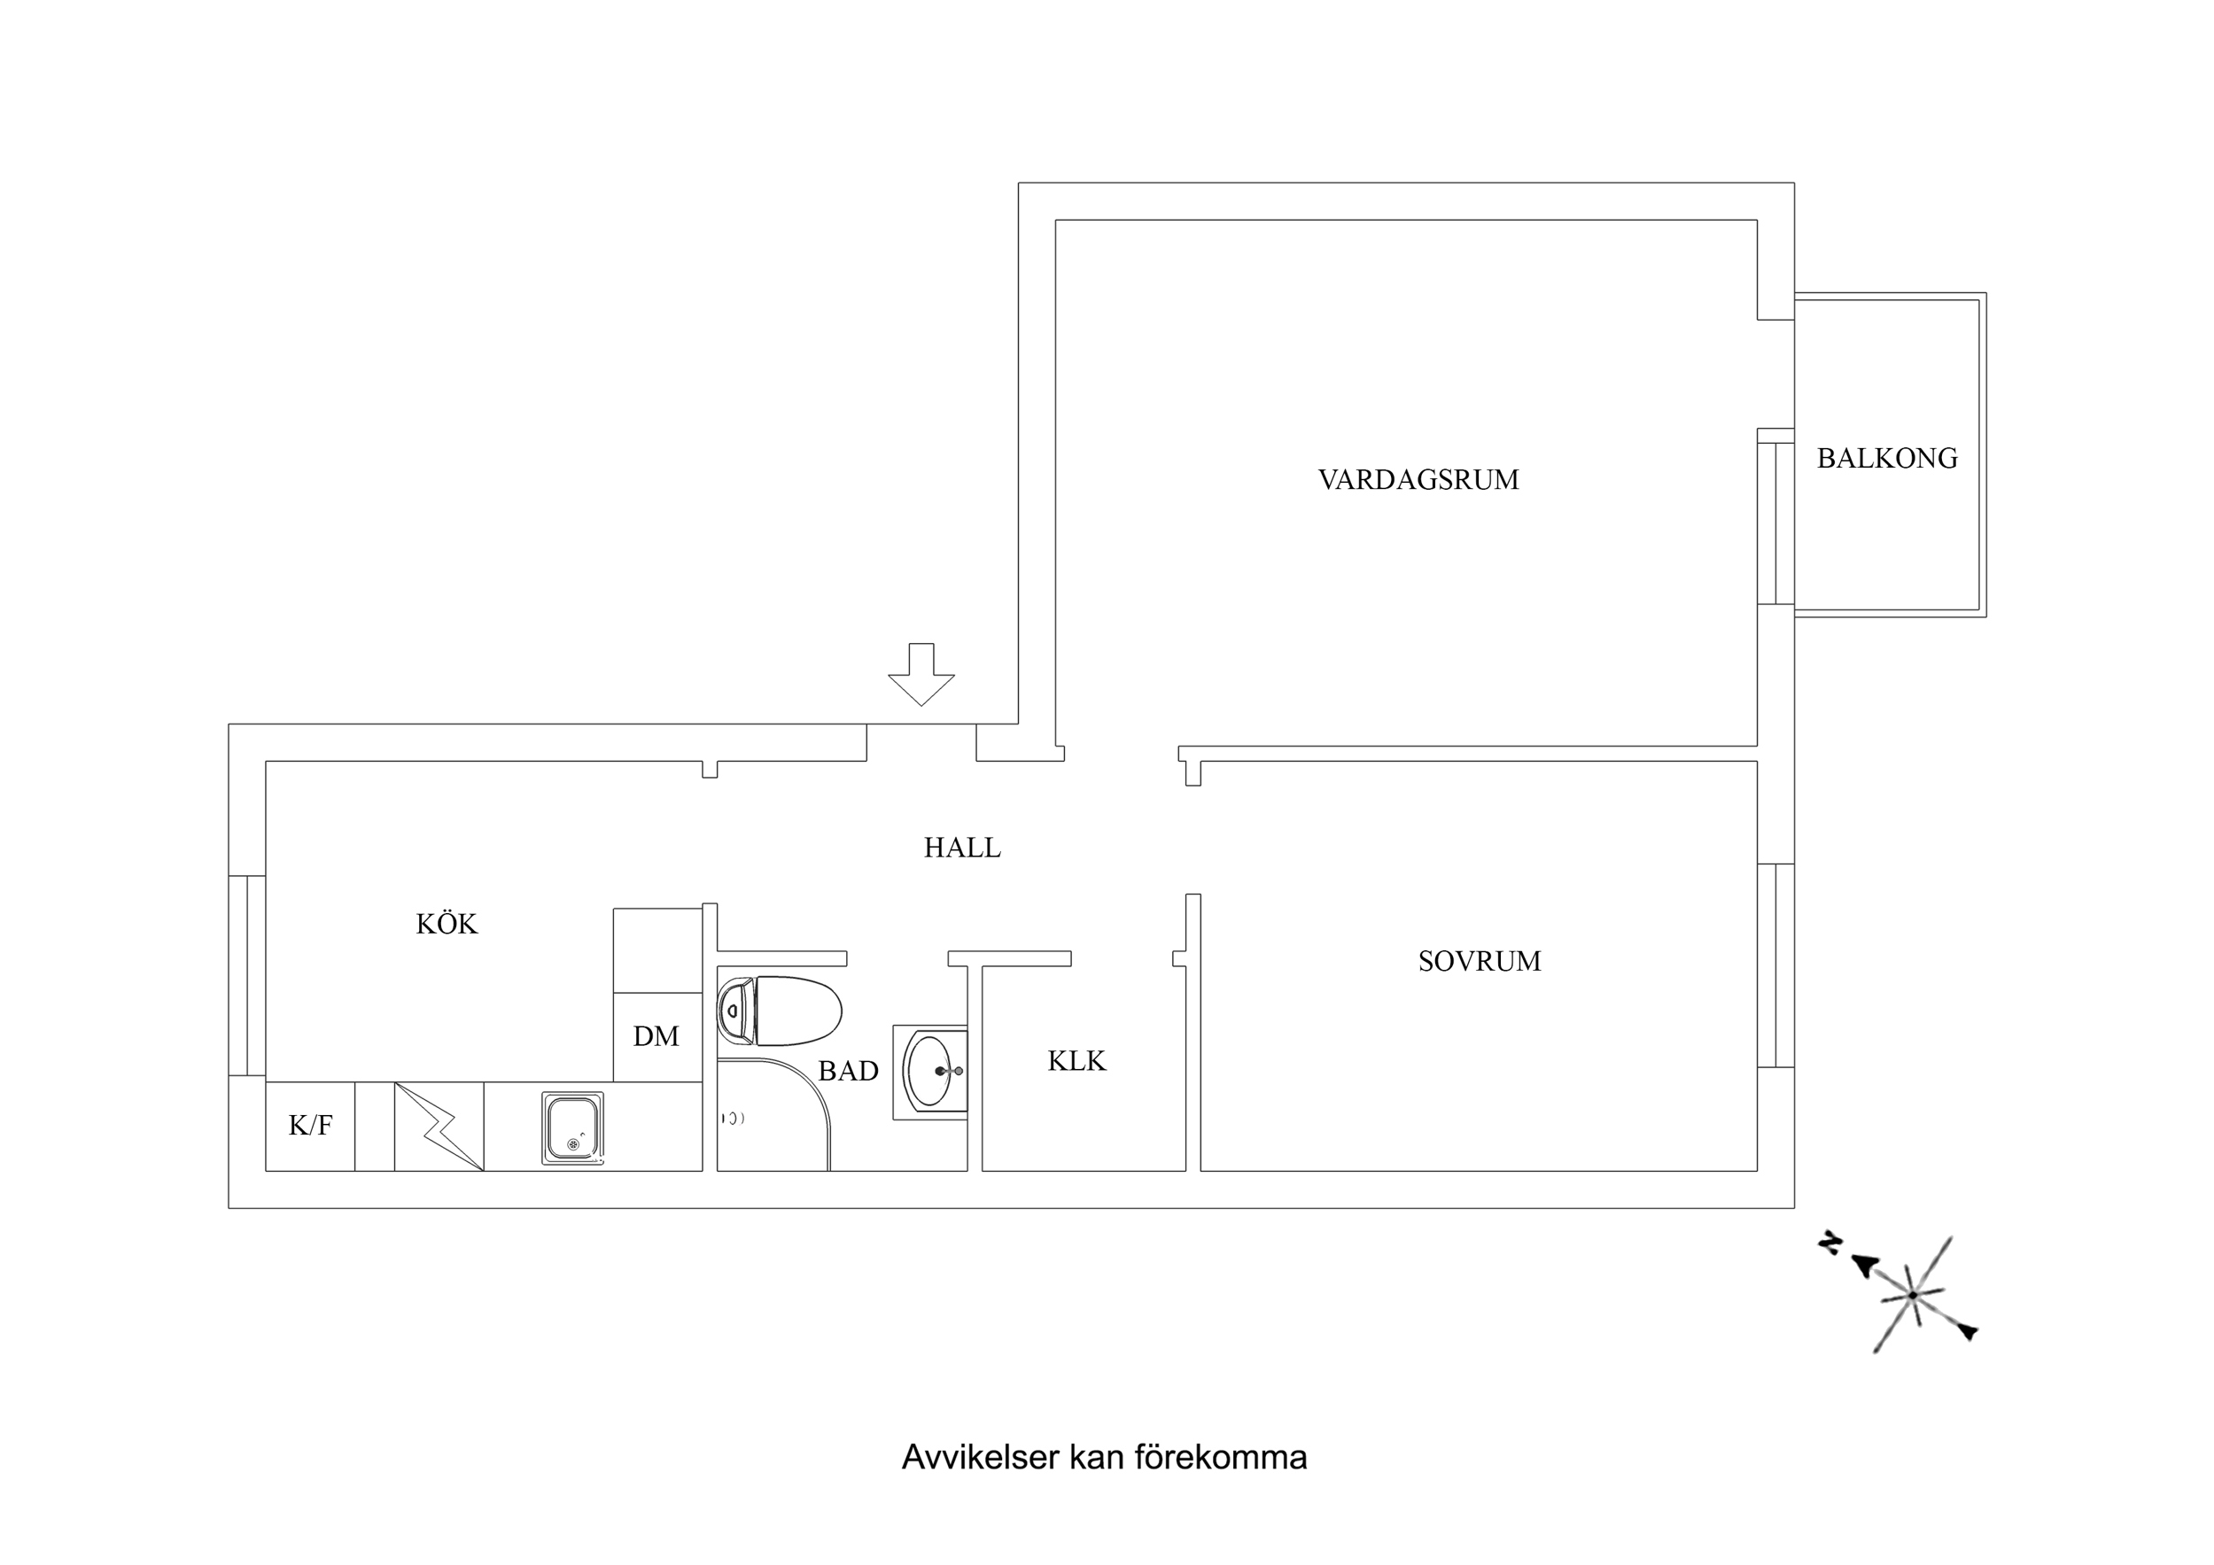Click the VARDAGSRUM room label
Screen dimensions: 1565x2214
[x=1418, y=479]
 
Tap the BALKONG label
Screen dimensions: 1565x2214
[x=1886, y=458]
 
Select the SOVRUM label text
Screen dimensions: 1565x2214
[x=1479, y=960]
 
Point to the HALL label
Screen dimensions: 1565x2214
[x=961, y=848]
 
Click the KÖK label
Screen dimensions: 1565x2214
[x=447, y=924]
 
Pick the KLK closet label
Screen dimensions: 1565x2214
[x=1076, y=1061]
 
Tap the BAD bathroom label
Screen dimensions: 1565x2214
[x=848, y=1070]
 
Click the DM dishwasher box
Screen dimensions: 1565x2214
[x=656, y=1036]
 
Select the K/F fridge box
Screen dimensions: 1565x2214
[x=309, y=1126]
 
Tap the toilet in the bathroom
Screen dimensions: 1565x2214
[x=781, y=1011]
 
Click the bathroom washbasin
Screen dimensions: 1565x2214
[x=931, y=1072]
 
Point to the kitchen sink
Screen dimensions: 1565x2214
[x=573, y=1127]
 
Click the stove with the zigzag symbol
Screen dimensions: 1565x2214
[x=439, y=1127]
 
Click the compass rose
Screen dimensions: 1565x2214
[x=1911, y=1295]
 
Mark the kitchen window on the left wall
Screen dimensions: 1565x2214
[x=248, y=975]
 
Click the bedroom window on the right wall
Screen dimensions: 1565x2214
[x=1775, y=965]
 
